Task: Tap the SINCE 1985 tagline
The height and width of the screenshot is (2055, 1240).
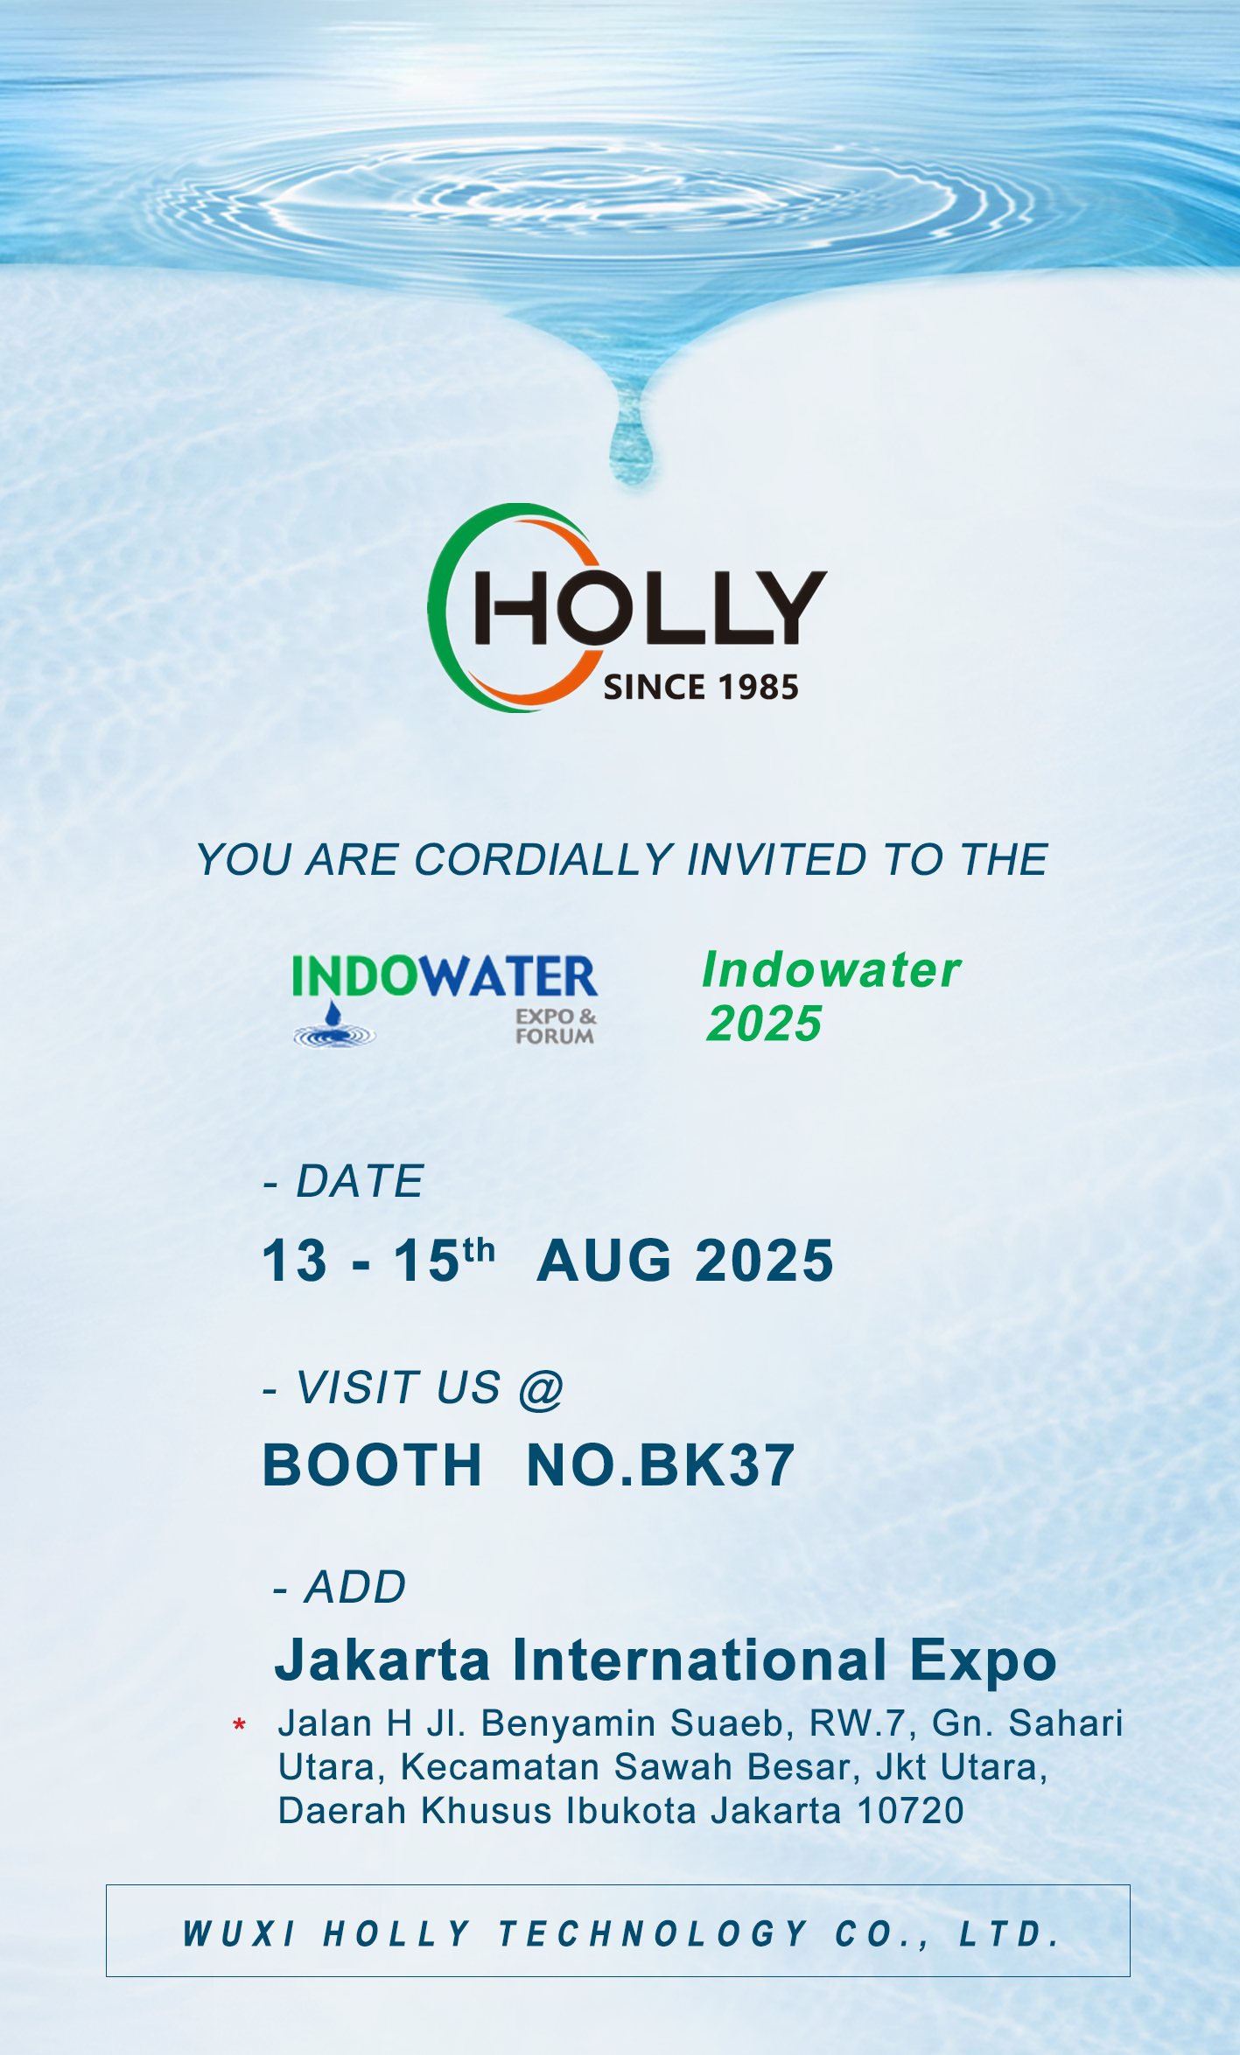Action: point(701,688)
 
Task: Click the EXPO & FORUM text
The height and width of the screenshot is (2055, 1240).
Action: point(556,1026)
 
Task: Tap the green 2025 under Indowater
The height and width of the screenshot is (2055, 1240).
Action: point(764,1023)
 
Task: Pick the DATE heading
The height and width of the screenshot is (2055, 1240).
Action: point(360,1181)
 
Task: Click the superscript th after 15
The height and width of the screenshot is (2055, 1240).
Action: point(479,1251)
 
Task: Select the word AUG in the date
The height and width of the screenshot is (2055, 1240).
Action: point(605,1261)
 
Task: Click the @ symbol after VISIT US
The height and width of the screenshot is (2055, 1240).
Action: point(541,1388)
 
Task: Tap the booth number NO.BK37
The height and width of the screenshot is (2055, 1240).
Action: point(661,1465)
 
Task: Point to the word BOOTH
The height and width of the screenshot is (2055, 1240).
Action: point(373,1465)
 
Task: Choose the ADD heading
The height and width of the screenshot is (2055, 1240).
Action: point(355,1587)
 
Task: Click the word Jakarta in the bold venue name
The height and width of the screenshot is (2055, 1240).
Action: point(382,1660)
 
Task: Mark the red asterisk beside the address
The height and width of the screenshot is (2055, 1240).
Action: point(239,1725)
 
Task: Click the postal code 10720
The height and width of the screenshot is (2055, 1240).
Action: point(910,1811)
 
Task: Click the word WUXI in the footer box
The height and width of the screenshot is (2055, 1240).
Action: point(240,1933)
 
